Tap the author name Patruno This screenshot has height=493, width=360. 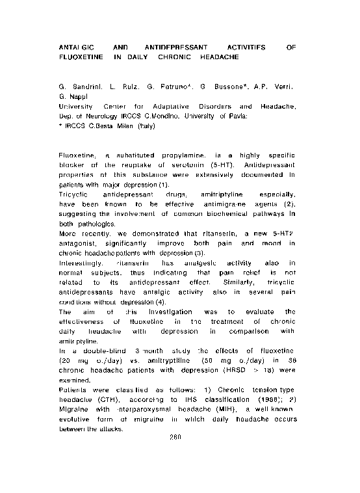point(183,87)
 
